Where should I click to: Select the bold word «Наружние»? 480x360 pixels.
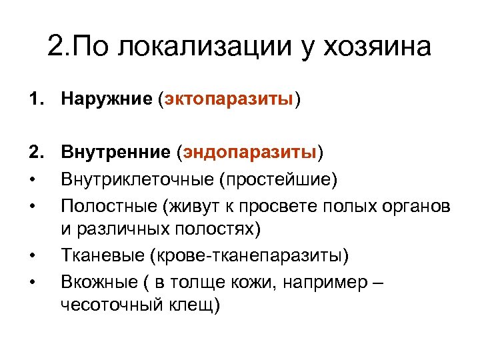click(107, 99)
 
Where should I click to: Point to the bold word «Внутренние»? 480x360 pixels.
click(116, 153)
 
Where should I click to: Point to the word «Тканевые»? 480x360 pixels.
click(103, 255)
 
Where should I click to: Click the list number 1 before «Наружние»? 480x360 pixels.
click(34, 99)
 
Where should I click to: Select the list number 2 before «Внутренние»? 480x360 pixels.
click(34, 153)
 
